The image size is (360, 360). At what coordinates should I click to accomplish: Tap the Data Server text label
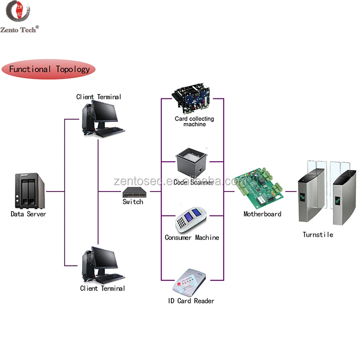click(x=28, y=214)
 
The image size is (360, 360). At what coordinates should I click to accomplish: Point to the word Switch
click(x=133, y=202)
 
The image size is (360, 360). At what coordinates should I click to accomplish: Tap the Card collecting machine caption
click(x=194, y=121)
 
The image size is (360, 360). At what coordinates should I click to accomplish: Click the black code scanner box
click(x=192, y=162)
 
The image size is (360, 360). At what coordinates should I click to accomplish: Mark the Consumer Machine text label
click(x=192, y=238)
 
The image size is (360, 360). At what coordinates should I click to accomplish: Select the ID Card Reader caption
click(x=191, y=301)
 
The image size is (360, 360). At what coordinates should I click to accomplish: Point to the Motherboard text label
click(x=262, y=214)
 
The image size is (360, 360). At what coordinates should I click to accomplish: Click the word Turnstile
click(x=318, y=235)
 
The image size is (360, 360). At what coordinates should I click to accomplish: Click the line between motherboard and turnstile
click(x=290, y=191)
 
